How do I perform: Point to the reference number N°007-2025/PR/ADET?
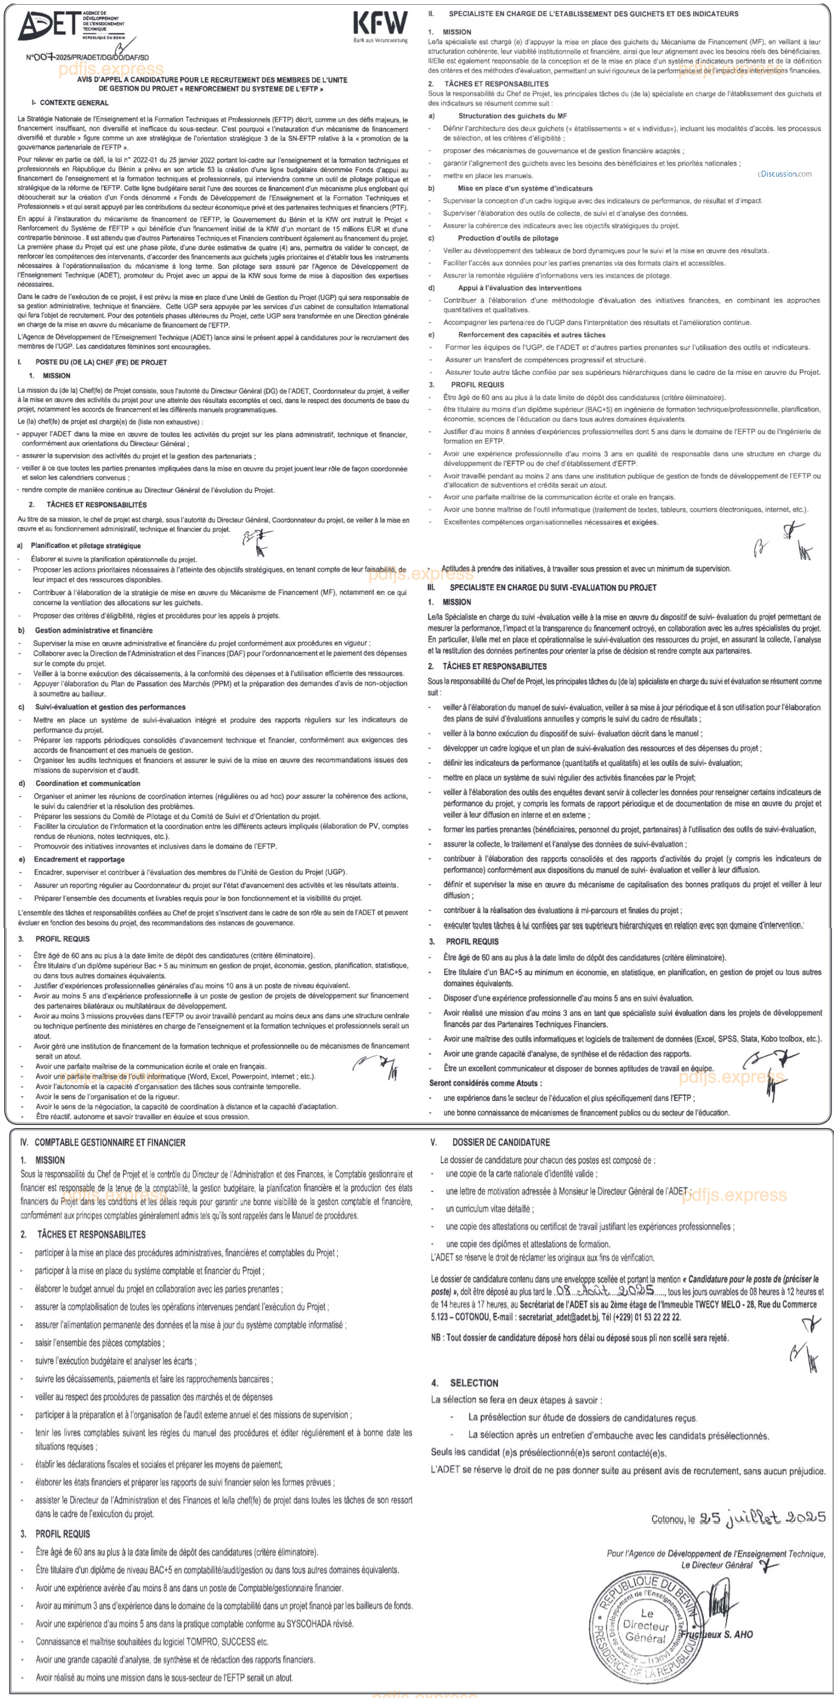pyautogui.click(x=87, y=57)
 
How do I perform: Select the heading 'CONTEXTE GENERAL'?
pyautogui.click(x=73, y=103)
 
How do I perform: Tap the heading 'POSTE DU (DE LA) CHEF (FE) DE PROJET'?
pyautogui.click(x=100, y=362)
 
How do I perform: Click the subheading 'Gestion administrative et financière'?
pyautogui.click(x=93, y=630)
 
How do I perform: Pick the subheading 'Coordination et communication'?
pyautogui.click(x=87, y=783)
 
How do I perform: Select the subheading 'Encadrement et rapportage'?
pyautogui.click(x=79, y=859)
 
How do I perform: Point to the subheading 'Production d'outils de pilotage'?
pyautogui.click(x=507, y=238)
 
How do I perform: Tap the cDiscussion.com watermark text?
pyautogui.click(x=784, y=174)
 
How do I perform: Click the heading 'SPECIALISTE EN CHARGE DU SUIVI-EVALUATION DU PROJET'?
pyautogui.click(x=552, y=587)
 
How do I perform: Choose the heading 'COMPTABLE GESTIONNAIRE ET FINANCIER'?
pyautogui.click(x=109, y=1142)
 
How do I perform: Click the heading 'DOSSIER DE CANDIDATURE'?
pyautogui.click(x=500, y=1142)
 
